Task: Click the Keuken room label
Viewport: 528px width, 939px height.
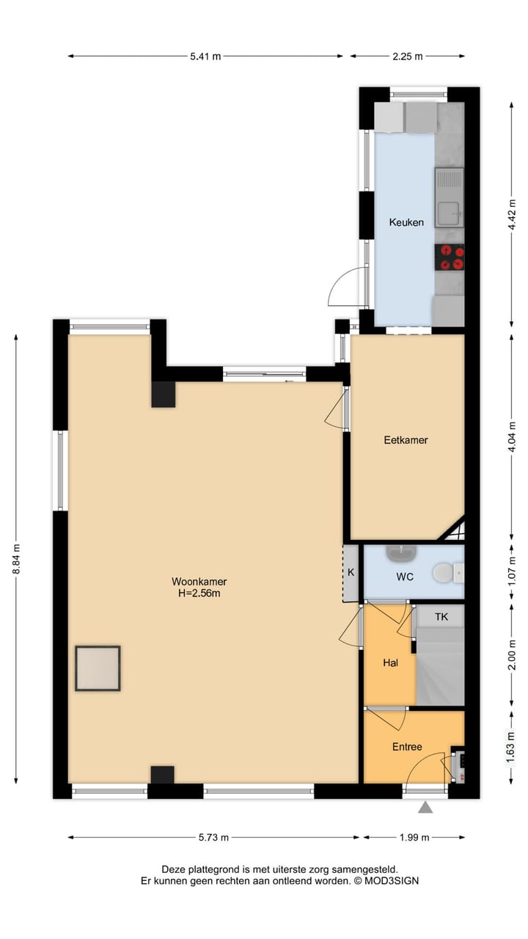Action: pyautogui.click(x=406, y=222)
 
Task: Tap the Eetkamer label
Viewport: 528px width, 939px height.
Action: pyautogui.click(x=406, y=440)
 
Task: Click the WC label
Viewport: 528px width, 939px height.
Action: pyautogui.click(x=405, y=577)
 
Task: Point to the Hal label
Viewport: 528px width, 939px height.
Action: pyautogui.click(x=390, y=662)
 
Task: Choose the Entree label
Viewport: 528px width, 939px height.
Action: pyautogui.click(x=407, y=747)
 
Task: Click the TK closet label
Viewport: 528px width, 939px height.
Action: pyautogui.click(x=441, y=617)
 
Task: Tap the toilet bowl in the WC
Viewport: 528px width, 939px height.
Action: pyautogui.click(x=444, y=571)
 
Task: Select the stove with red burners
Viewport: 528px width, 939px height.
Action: pyautogui.click(x=450, y=257)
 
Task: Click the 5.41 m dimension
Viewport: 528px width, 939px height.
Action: pyautogui.click(x=205, y=56)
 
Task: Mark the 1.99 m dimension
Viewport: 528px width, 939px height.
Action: pyautogui.click(x=414, y=837)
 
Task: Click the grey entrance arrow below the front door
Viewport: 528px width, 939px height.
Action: pyautogui.click(x=425, y=808)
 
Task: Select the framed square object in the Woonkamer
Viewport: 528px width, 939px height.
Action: pyautogui.click(x=98, y=668)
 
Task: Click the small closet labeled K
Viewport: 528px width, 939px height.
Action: pyautogui.click(x=351, y=573)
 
